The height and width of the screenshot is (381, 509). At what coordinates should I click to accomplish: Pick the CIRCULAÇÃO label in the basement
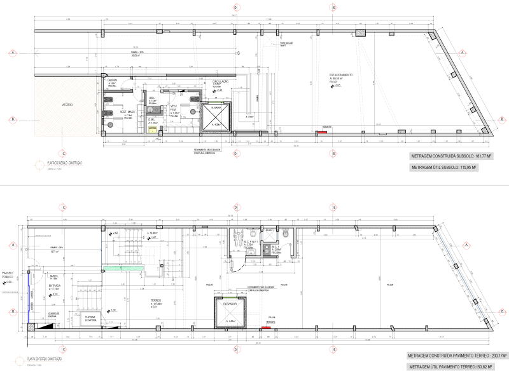coord(220,82)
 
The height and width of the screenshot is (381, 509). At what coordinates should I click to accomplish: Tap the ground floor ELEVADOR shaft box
coord(230,314)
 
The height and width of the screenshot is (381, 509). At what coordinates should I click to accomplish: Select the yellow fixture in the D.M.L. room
coord(153,128)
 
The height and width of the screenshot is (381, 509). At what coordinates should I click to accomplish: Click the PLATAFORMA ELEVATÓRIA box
coord(90,319)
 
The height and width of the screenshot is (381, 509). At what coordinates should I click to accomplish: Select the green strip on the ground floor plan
coord(123,269)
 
